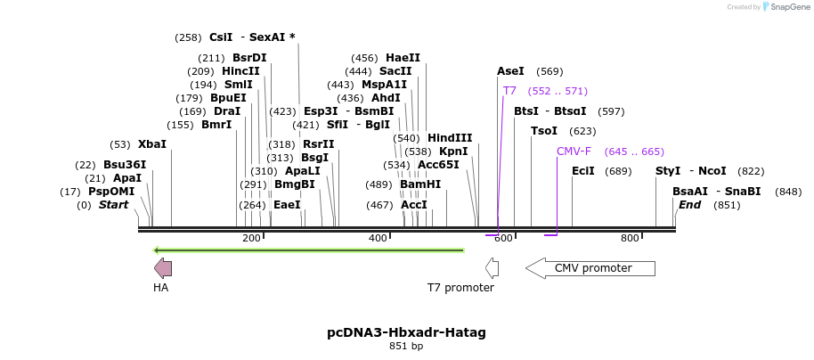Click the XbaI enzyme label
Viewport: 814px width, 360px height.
152,144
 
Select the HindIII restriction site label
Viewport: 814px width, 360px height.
450,138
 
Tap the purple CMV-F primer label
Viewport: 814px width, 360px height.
574,151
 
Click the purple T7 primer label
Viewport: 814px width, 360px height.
509,91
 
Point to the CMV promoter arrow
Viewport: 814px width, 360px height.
590,268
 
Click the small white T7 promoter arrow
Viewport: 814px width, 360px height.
492,268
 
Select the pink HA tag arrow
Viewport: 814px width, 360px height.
163,268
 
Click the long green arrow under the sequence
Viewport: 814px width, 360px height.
309,250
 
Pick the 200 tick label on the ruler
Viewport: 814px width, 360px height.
251,238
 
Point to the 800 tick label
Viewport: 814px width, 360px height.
630,238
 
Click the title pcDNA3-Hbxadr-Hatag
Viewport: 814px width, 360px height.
406,332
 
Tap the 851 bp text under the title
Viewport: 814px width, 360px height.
406,346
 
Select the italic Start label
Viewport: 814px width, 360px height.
114,205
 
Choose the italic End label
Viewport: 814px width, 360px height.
689,205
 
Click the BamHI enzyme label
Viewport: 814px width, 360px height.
420,184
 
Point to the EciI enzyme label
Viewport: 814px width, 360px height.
583,170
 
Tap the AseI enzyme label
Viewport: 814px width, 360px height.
510,71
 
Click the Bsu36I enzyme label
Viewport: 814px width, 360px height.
125,165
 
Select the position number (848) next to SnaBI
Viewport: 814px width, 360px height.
788,192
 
